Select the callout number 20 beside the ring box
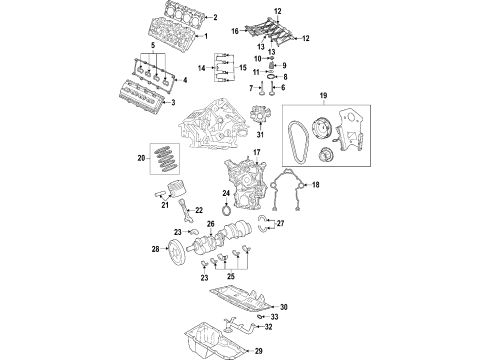142,157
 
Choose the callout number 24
226,193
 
